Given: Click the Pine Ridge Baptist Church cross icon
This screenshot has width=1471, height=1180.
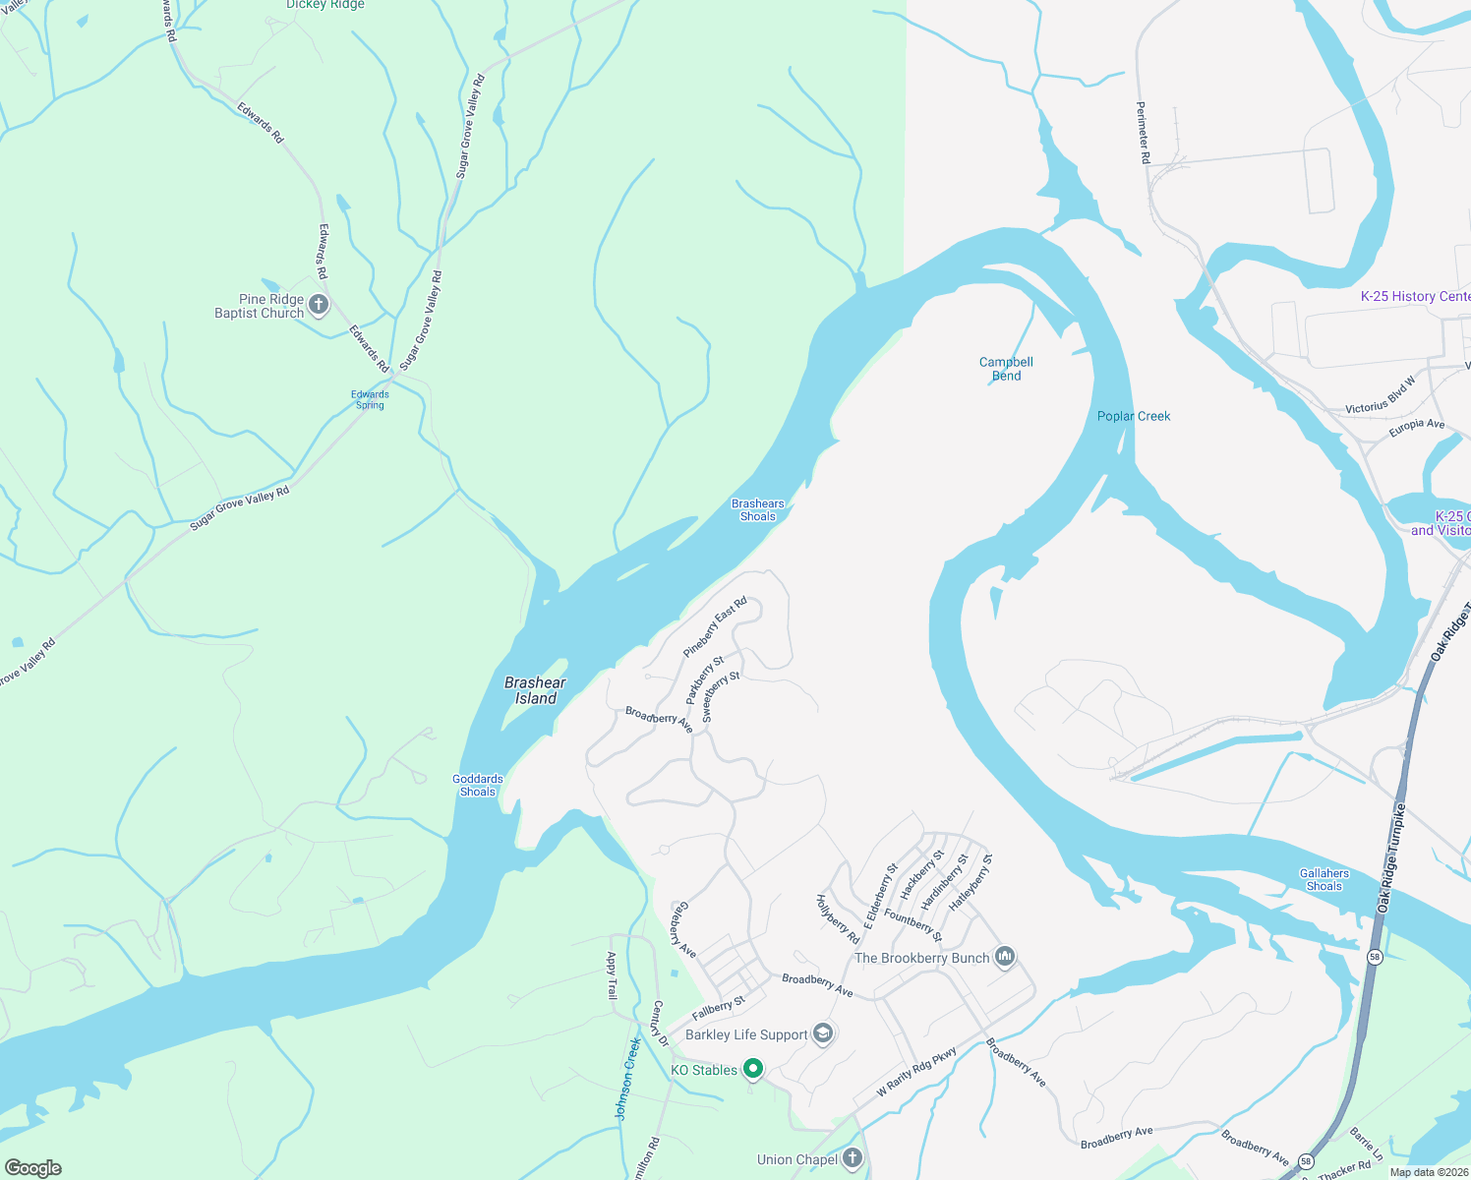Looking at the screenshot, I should (319, 305).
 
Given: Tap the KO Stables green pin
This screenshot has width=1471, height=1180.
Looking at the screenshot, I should (753, 1069).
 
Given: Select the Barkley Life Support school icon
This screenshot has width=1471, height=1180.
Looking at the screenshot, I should (824, 1033).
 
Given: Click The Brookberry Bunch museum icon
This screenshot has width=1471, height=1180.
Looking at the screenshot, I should (1004, 957).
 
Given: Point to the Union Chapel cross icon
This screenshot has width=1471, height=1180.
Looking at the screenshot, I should (853, 1158).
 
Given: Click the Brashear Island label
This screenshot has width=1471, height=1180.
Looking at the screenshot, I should (536, 690).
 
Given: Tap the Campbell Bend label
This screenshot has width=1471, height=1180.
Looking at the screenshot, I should (1006, 369).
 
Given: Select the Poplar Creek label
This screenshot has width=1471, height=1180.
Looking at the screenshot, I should (1134, 416).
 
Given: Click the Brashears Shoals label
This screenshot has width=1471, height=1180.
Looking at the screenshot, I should (758, 509).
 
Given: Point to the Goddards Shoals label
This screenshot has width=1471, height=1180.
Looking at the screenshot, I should (478, 785).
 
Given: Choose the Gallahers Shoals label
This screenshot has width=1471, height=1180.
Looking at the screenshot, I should (1324, 879).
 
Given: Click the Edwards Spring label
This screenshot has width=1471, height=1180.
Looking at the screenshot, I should (371, 399).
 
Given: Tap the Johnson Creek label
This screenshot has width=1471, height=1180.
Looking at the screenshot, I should (627, 1079).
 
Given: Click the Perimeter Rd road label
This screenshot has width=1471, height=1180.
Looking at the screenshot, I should (1143, 132).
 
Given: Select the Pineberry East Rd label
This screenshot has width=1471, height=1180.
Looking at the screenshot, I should (716, 626).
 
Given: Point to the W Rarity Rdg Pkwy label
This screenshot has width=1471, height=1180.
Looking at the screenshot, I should (916, 1074).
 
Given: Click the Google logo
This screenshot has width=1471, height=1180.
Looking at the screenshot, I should (33, 1167).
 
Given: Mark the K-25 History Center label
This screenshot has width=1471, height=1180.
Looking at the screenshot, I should (1415, 296).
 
